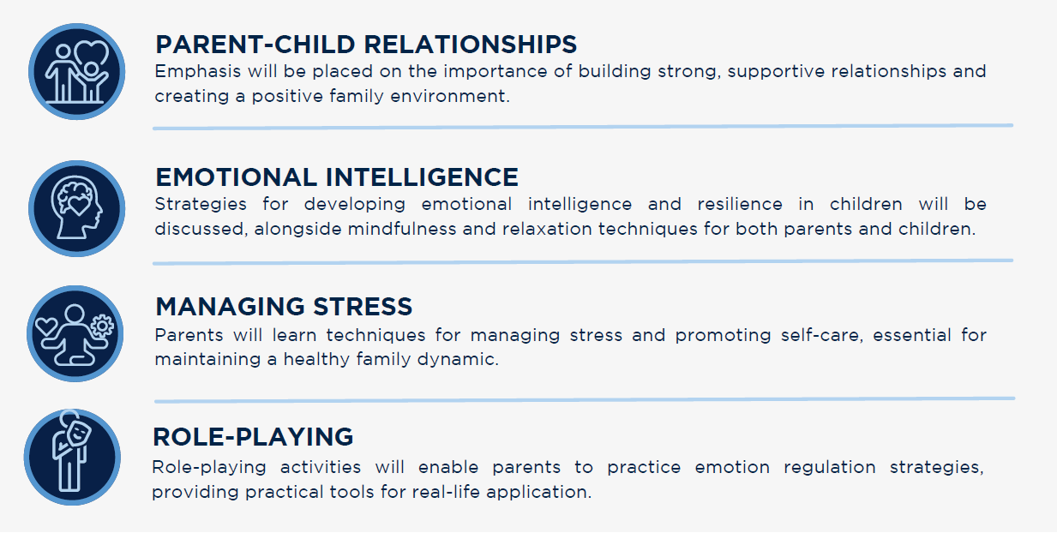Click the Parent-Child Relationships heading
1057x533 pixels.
click(x=365, y=44)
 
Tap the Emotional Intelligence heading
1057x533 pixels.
click(x=336, y=177)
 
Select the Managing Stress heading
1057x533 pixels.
click(x=284, y=307)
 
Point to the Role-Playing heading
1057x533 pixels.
click(x=253, y=436)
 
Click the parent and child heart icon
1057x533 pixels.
click(x=77, y=71)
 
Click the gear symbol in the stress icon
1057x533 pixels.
click(x=102, y=325)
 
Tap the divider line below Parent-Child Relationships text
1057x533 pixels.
click(x=583, y=127)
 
